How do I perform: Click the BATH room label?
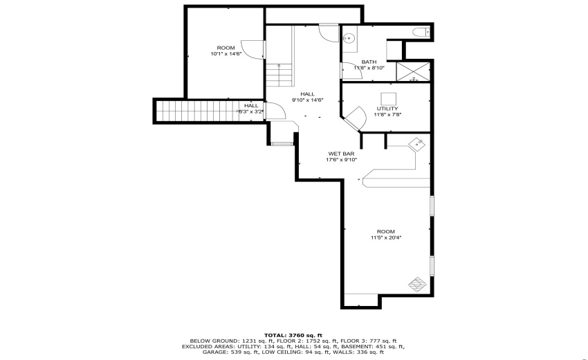369,62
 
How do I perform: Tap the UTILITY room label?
387,109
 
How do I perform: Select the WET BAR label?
342,154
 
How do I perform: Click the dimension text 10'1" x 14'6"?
226,54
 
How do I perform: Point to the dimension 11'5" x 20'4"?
386,237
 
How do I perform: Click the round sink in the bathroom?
349,39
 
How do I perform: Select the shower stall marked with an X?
413,71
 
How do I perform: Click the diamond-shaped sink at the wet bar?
417,143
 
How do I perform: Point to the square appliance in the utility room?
388,98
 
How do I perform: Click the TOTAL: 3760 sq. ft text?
293,335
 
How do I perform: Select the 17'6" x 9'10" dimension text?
342,160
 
